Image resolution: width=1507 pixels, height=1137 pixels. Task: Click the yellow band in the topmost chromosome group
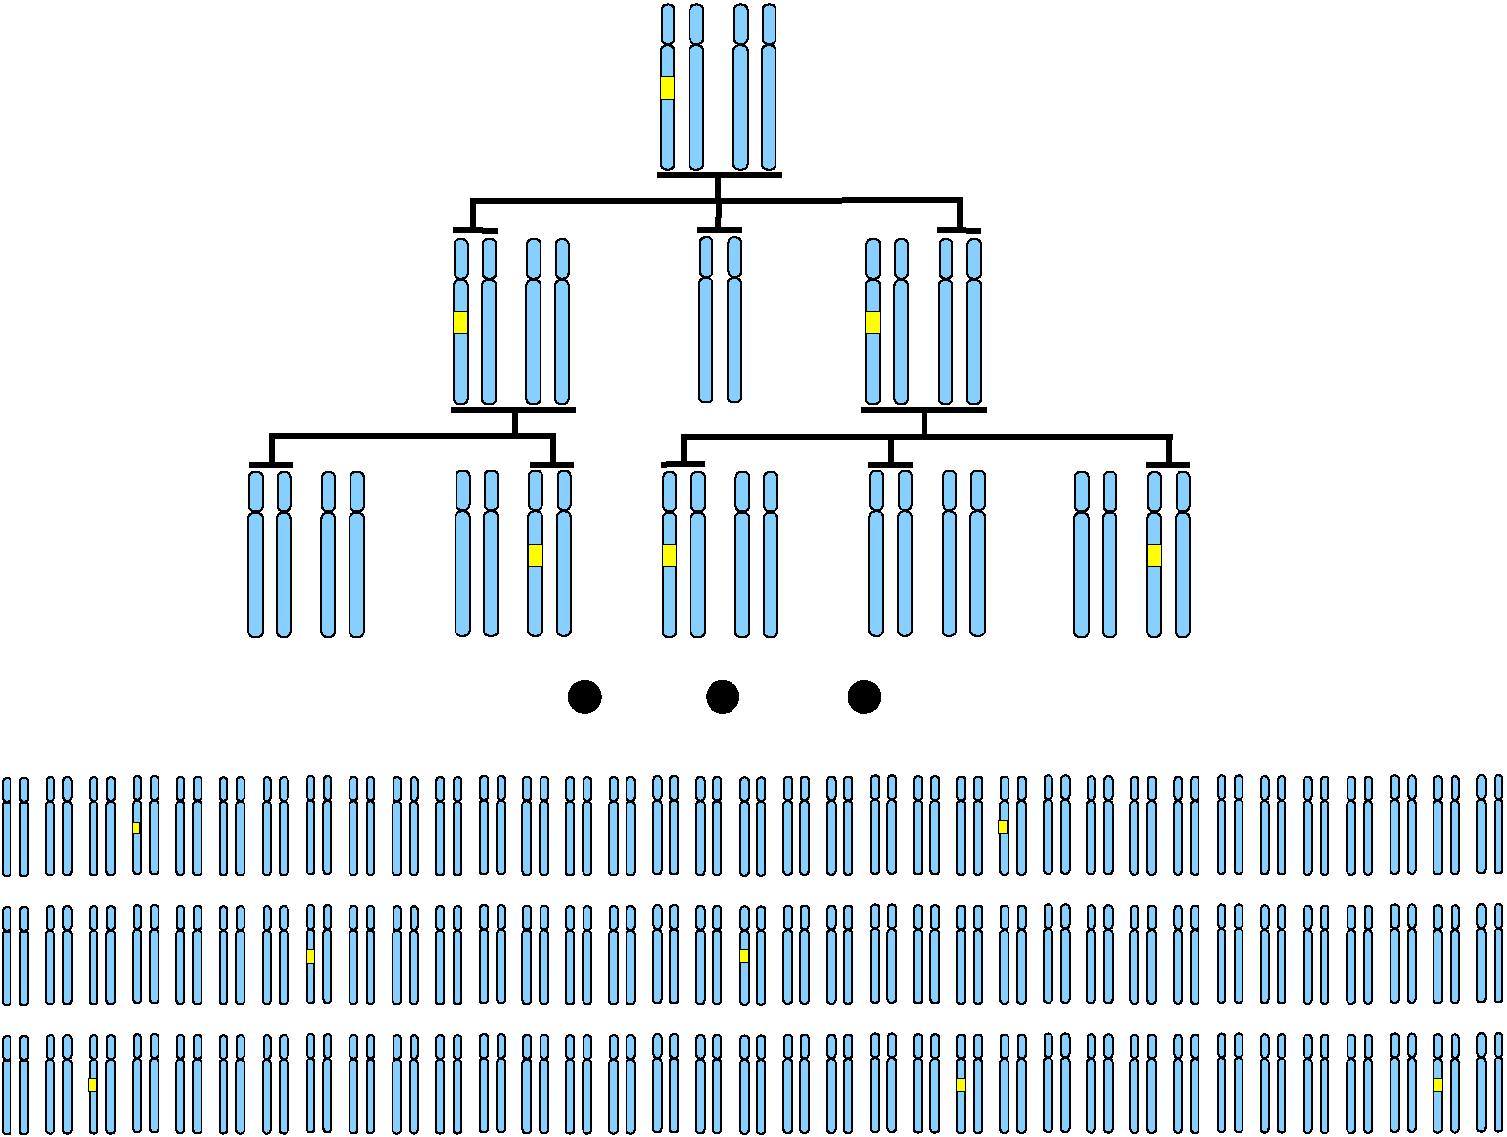668,89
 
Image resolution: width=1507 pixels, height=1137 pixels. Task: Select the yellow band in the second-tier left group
460,323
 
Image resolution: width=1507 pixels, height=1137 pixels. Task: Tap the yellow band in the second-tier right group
873,323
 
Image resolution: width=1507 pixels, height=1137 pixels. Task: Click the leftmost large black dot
584,697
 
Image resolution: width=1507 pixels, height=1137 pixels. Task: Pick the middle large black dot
722,697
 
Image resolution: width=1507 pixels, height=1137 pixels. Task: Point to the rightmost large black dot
864,697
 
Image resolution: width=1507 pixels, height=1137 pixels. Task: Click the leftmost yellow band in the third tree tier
536,555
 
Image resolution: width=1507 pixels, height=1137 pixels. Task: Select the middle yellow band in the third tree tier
669,555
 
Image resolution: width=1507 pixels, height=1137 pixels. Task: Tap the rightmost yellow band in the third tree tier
1155,555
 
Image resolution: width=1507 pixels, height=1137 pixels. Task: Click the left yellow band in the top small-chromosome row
137,827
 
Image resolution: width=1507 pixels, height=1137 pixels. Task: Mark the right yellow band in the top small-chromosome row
1003,827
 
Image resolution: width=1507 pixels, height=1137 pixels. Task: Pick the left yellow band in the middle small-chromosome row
310,955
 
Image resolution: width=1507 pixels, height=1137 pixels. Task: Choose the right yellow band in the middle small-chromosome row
744,955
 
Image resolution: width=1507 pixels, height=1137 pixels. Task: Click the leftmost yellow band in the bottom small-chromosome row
93,1084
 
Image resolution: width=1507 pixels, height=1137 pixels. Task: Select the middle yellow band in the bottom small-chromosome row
961,1084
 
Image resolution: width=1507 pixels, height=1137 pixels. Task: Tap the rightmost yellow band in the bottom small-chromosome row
1438,1084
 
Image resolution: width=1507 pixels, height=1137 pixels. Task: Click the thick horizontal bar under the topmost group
719,175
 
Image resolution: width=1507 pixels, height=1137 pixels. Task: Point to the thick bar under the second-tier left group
513,410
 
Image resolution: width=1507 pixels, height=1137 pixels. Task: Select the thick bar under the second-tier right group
923,410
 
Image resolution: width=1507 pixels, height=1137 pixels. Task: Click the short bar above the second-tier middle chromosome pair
719,230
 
